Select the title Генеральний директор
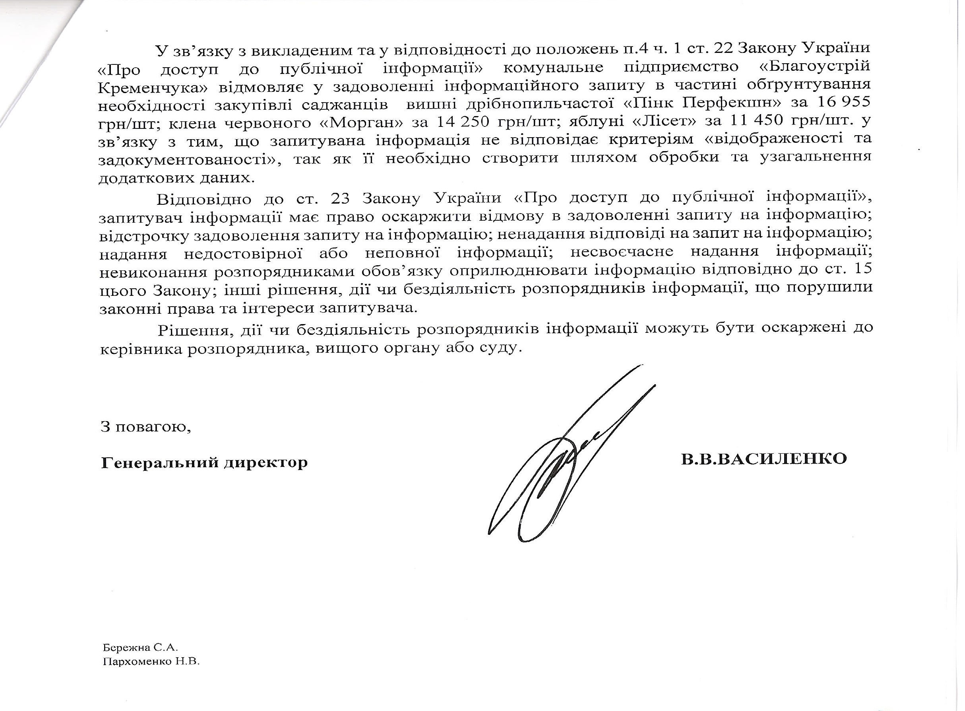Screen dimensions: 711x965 (204, 462)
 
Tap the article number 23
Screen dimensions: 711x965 (343, 198)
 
